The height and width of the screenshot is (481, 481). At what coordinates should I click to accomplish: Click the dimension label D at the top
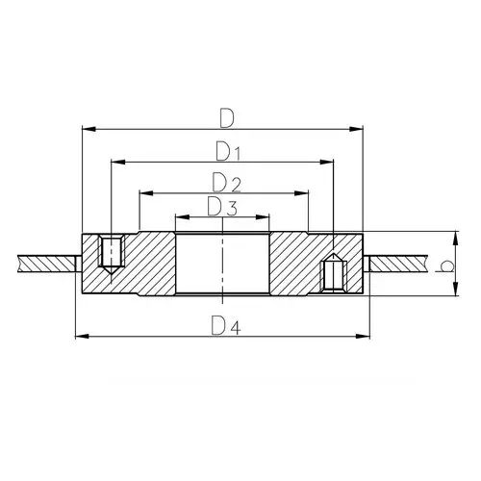(x=227, y=118)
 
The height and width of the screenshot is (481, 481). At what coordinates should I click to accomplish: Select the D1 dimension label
(x=228, y=152)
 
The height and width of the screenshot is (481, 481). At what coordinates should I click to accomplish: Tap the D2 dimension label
(x=226, y=183)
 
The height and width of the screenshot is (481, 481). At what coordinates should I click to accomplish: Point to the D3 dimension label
(x=222, y=207)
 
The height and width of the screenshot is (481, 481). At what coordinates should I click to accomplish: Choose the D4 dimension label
(x=226, y=326)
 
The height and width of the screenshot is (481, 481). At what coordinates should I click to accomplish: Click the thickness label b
(x=446, y=266)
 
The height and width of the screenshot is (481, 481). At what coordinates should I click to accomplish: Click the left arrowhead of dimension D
(x=89, y=129)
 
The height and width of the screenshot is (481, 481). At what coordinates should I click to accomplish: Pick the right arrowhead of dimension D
(x=356, y=129)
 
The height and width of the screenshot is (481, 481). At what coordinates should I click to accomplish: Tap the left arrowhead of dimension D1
(x=117, y=163)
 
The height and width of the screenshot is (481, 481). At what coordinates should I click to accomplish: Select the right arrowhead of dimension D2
(x=301, y=193)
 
